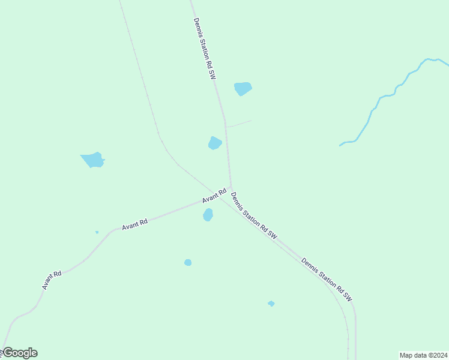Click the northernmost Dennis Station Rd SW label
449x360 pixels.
point(204,49)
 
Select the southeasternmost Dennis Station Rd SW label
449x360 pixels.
point(327,279)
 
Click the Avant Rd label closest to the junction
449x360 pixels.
point(214,195)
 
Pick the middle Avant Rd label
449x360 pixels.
point(134,224)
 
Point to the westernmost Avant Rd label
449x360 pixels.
point(52,280)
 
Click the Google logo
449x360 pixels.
point(20,353)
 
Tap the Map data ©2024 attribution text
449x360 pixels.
point(423,355)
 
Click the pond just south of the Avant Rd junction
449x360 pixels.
point(208,215)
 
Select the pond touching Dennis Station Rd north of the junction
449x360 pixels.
point(214,143)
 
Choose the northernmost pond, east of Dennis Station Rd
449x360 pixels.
point(243,89)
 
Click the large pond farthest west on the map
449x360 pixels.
point(93,160)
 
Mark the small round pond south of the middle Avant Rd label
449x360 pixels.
point(188,262)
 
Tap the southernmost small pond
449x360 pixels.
point(271,304)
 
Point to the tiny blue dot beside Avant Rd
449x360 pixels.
point(97,232)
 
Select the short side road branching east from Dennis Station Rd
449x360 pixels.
point(238,124)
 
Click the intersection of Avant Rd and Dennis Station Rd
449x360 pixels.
point(231,188)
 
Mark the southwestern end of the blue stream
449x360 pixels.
point(341,145)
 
